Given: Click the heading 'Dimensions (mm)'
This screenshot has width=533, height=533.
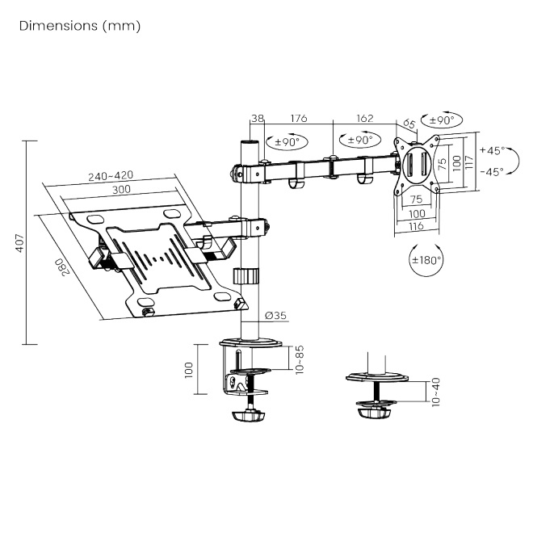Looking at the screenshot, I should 79,26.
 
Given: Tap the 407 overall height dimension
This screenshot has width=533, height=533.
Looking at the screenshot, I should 17,241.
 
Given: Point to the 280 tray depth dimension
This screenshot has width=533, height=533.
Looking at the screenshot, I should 59,266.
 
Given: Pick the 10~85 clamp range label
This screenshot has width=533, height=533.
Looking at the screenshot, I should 298,358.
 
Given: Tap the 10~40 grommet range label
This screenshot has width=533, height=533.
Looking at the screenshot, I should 436,392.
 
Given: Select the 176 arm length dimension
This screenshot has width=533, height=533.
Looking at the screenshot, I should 299,118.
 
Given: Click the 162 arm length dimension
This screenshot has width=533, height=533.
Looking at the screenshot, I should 364,118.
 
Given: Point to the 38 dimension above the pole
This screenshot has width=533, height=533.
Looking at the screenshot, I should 258,118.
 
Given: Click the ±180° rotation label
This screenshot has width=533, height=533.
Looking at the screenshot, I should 426,260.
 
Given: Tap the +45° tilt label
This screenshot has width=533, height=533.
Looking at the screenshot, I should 491,150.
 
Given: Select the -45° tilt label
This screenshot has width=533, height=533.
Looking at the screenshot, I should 491,170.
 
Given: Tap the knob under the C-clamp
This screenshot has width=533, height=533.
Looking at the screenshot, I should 249,417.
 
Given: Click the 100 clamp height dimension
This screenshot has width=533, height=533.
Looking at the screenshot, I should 188,369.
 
